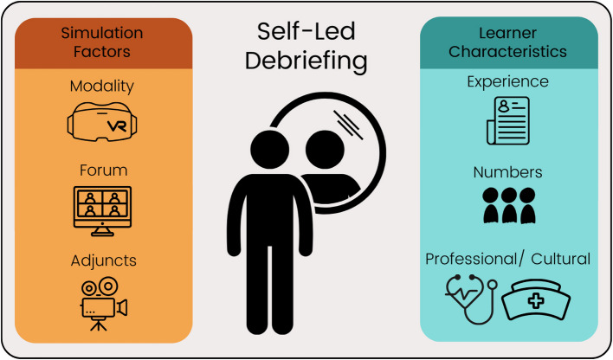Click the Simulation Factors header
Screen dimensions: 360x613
pyautogui.click(x=103, y=43)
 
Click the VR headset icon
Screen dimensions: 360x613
pyautogui.click(x=103, y=123)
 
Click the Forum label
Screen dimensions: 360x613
pyautogui.click(x=103, y=170)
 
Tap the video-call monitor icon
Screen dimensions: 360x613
pyautogui.click(x=103, y=210)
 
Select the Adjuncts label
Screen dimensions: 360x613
pyautogui.click(x=103, y=260)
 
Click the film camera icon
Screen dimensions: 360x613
pyautogui.click(x=102, y=302)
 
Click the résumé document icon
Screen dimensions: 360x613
pyautogui.click(x=507, y=121)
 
